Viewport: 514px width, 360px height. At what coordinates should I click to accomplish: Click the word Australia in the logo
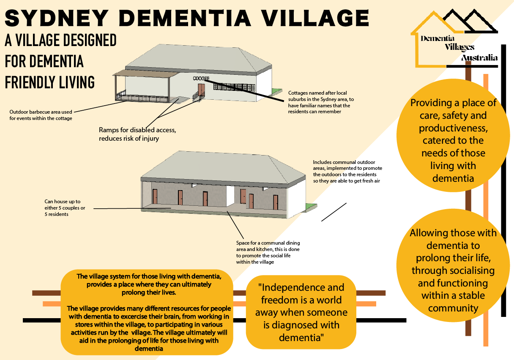(479, 57)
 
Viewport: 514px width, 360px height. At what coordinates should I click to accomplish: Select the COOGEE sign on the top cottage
(201, 79)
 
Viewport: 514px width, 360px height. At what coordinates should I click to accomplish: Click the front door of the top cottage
(201, 90)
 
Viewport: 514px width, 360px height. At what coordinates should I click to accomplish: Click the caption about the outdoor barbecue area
(41, 115)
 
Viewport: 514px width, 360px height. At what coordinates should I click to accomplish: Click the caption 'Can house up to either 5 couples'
(63, 208)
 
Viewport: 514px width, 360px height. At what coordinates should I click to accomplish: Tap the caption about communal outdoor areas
(344, 171)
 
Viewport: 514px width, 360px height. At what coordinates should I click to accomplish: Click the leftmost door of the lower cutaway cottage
(155, 196)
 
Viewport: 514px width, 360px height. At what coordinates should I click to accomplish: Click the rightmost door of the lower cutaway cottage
(276, 202)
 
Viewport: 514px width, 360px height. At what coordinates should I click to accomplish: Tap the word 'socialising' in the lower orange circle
(453, 270)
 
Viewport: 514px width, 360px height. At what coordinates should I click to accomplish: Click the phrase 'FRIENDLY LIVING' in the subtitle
(50, 82)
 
